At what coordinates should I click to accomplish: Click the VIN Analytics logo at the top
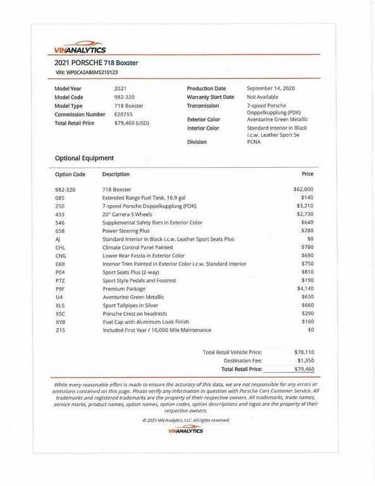(80, 48)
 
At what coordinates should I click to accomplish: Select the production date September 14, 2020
(271, 89)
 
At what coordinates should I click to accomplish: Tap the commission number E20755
(124, 115)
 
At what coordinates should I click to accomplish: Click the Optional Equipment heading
(84, 158)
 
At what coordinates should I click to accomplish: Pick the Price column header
(307, 173)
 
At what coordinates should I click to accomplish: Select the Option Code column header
(70, 174)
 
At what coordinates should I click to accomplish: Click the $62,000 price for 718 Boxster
(303, 189)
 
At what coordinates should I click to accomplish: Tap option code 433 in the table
(59, 215)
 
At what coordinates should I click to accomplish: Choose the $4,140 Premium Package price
(305, 289)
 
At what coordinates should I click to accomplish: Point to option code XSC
(60, 314)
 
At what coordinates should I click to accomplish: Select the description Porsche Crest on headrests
(135, 314)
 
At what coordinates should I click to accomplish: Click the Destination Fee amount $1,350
(304, 360)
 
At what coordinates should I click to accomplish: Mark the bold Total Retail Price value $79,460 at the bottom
(304, 368)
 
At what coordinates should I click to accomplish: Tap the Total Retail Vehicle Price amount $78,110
(304, 352)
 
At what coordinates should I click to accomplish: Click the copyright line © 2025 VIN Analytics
(186, 420)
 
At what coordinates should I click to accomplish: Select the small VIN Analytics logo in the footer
(186, 430)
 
